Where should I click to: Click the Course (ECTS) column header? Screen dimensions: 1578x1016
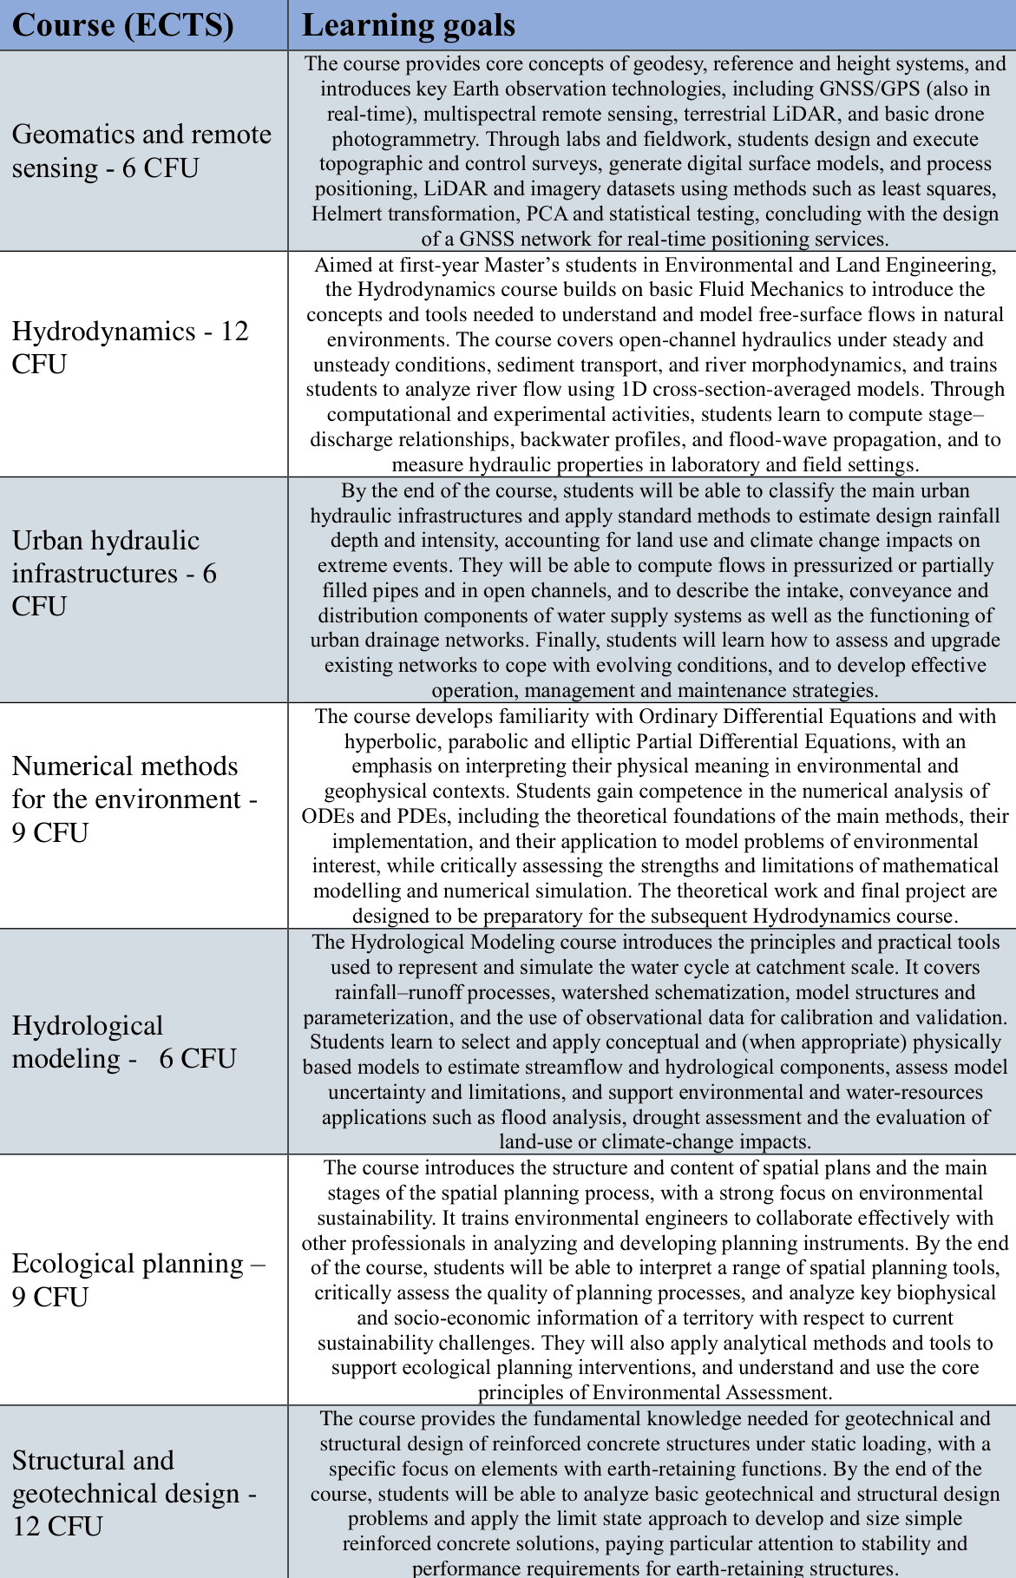point(123,25)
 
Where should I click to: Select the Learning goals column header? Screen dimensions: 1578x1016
point(409,25)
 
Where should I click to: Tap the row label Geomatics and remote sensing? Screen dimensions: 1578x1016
point(141,150)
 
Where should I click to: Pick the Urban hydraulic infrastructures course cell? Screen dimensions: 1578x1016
point(115,573)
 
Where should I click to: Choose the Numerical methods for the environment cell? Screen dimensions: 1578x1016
point(134,799)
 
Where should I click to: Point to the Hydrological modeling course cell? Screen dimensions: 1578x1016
point(124,1042)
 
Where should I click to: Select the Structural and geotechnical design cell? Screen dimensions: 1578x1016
point(134,1492)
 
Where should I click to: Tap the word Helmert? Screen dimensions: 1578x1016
point(352,214)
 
